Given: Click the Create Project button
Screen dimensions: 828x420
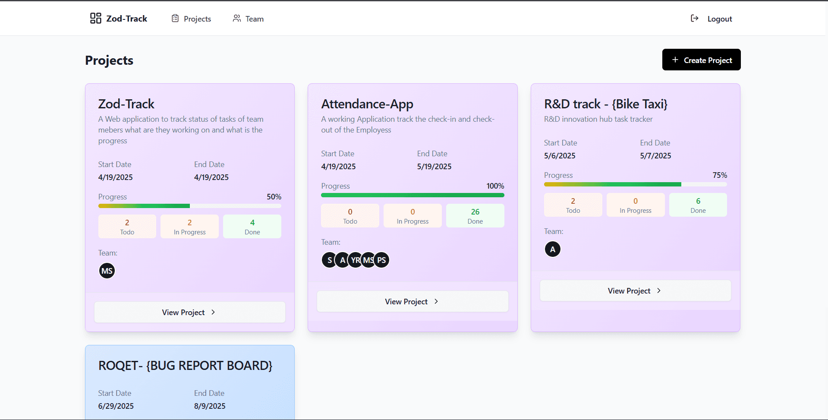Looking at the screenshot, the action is pyautogui.click(x=701, y=60).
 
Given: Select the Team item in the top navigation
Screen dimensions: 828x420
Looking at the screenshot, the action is pyautogui.click(x=248, y=19).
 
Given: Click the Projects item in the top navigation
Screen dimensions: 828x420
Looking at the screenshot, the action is pyautogui.click(x=191, y=19).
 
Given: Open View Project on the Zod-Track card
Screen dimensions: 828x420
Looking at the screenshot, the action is pyautogui.click(x=190, y=312).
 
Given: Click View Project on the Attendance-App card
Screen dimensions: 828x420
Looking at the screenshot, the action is pyautogui.click(x=412, y=301).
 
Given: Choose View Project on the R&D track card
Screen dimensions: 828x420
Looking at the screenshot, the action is pyautogui.click(x=635, y=291).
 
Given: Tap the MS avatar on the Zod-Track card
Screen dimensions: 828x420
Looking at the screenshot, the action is pyautogui.click(x=107, y=271).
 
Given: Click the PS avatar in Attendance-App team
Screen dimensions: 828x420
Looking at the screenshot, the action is pyautogui.click(x=381, y=260).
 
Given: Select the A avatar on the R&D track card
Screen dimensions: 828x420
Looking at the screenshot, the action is pyautogui.click(x=553, y=249).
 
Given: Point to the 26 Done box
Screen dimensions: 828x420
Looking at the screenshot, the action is pyautogui.click(x=475, y=216).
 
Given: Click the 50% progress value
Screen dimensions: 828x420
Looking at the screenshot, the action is pyautogui.click(x=274, y=197).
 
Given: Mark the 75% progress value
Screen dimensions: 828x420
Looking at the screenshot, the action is pyautogui.click(x=720, y=175).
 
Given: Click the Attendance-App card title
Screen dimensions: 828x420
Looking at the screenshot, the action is pyautogui.click(x=367, y=104).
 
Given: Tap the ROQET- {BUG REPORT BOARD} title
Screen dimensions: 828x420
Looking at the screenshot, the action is pyautogui.click(x=186, y=366).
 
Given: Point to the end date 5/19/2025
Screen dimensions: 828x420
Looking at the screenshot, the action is pyautogui.click(x=434, y=167).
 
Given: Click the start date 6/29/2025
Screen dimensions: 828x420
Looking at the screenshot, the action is pyautogui.click(x=116, y=406).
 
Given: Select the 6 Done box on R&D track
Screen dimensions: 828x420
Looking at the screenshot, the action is pyautogui.click(x=698, y=205).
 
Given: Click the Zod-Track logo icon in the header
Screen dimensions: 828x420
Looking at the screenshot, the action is pyautogui.click(x=96, y=18).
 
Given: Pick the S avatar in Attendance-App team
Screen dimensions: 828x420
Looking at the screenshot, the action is pyautogui.click(x=329, y=260).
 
